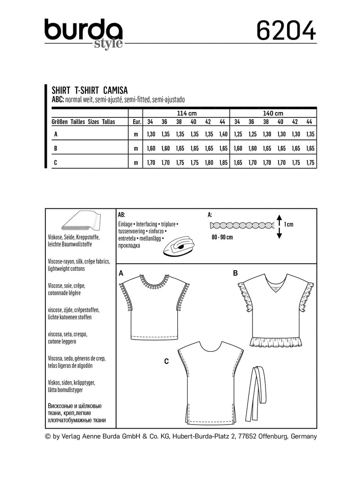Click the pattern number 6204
286,31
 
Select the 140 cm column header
274,113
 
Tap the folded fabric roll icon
81,223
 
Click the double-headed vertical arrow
279,226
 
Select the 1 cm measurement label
289,224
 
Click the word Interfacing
146,224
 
